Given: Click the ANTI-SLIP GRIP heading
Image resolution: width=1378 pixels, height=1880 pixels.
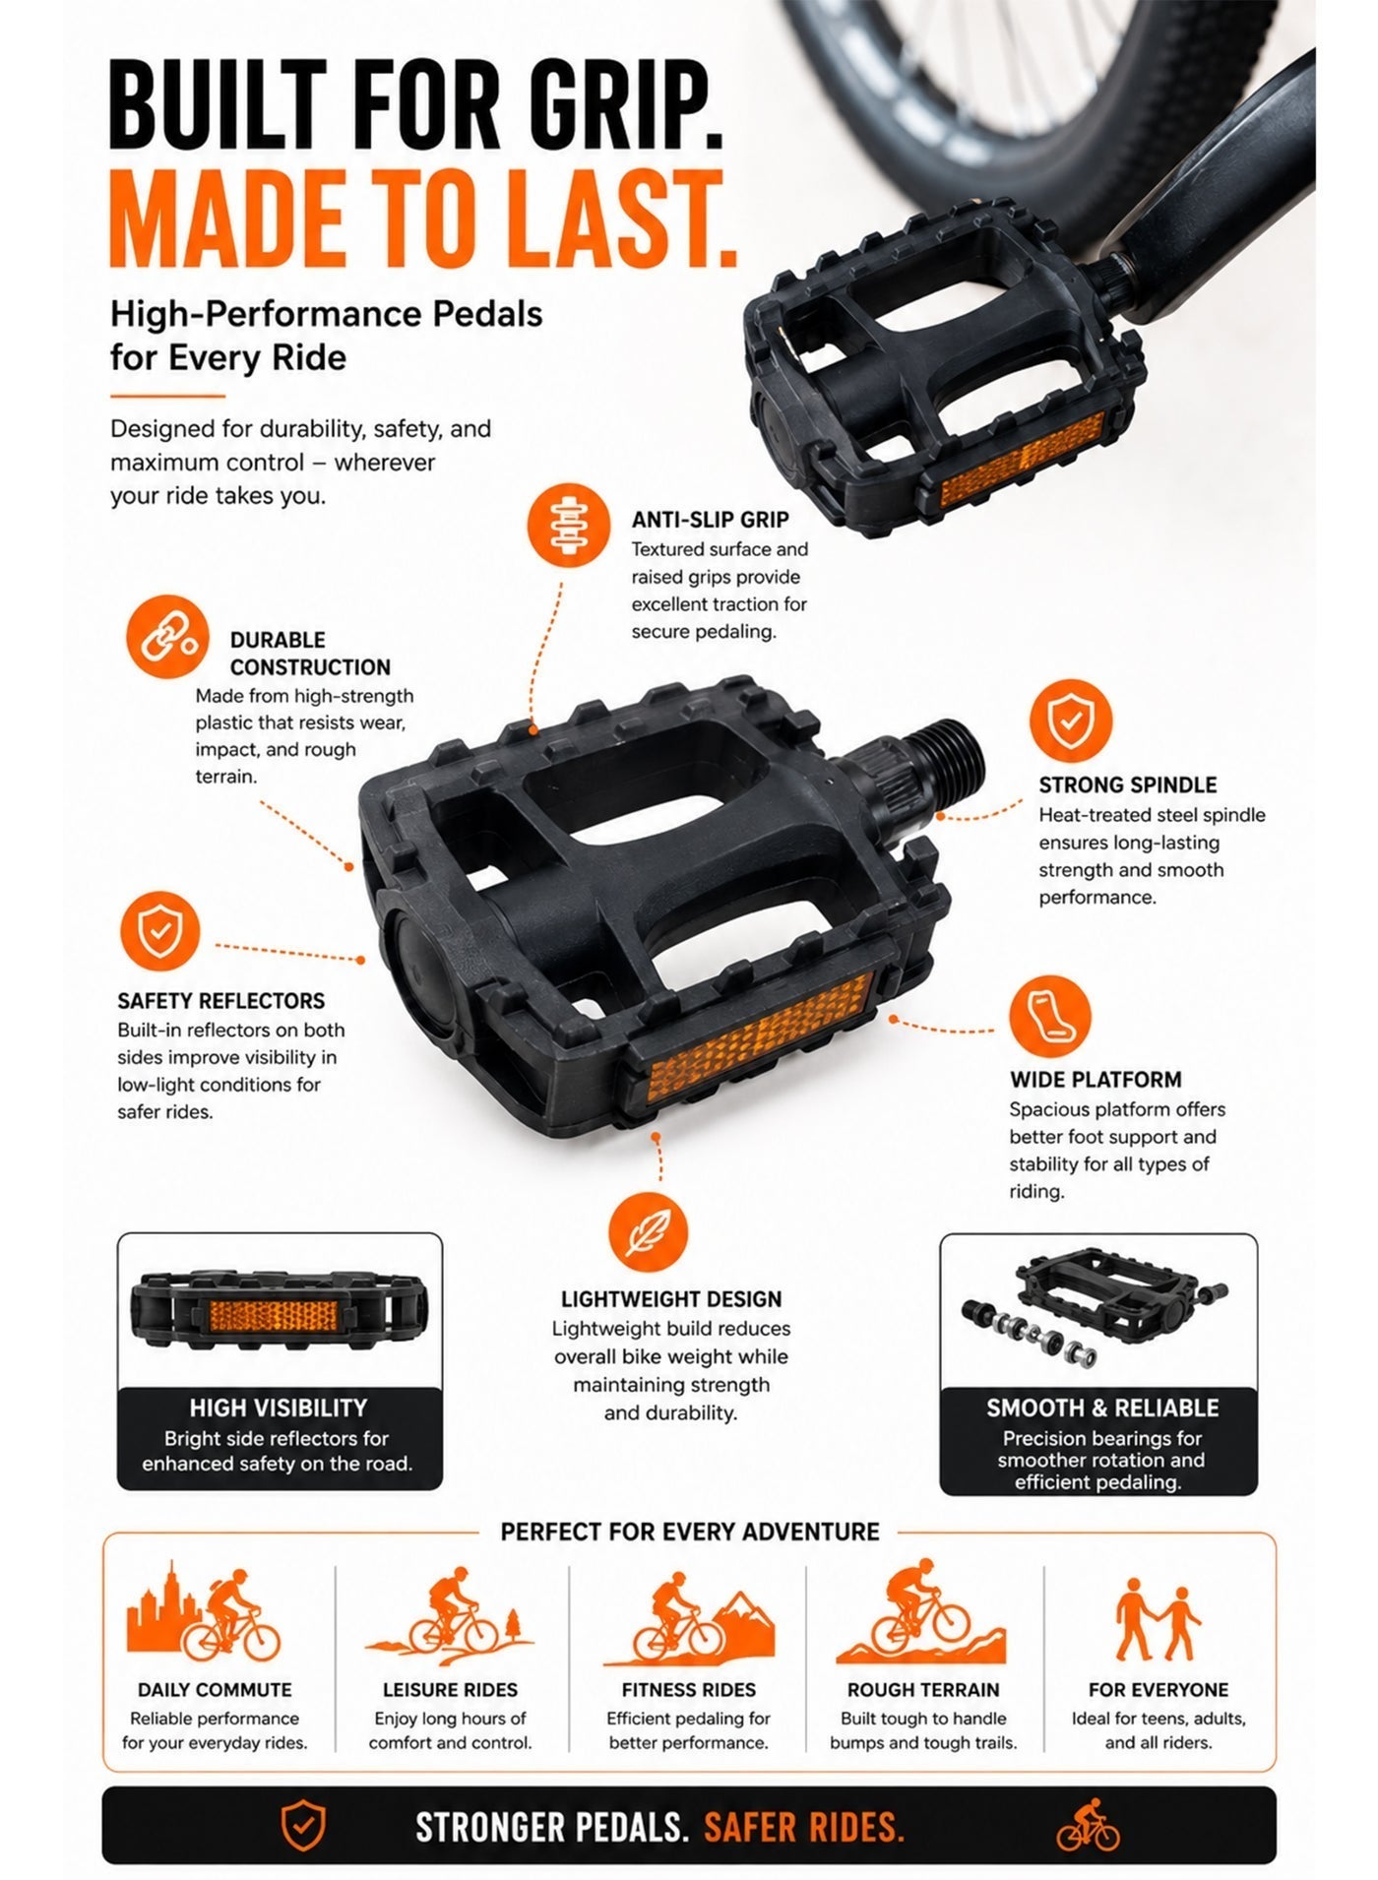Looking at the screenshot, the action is pos(710,520).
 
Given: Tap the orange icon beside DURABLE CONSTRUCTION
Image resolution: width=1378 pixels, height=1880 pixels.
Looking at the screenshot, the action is pos(167,637).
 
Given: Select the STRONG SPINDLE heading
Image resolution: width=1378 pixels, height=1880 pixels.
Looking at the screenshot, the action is pos(1127,784).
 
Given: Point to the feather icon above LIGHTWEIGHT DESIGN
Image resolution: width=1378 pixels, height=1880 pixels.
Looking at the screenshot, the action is pos(648,1233).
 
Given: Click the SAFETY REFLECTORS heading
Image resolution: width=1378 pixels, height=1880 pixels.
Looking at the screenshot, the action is pos(220,1001).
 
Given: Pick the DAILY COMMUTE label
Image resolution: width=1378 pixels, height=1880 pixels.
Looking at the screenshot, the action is pos(215,1690).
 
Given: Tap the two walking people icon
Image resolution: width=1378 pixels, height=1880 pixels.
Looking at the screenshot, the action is pos(1158,1620).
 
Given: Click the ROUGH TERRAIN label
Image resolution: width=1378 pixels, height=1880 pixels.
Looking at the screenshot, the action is pos(923,1690).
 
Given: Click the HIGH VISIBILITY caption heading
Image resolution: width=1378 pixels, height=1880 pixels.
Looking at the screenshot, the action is pos(279,1409).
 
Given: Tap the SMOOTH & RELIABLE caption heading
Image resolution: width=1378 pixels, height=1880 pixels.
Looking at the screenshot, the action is pos(1102,1409).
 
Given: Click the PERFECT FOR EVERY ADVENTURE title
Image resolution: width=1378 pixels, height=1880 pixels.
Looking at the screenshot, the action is pos(690,1532).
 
